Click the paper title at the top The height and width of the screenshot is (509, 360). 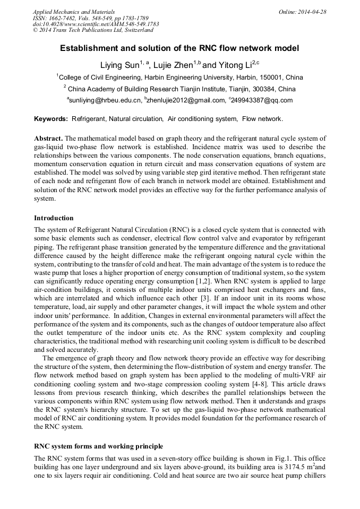(179, 48)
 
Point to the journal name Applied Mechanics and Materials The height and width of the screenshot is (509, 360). (74, 12)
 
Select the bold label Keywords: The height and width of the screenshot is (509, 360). (51, 119)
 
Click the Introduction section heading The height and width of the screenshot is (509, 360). (54, 218)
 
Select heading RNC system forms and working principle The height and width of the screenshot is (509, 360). (98, 446)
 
